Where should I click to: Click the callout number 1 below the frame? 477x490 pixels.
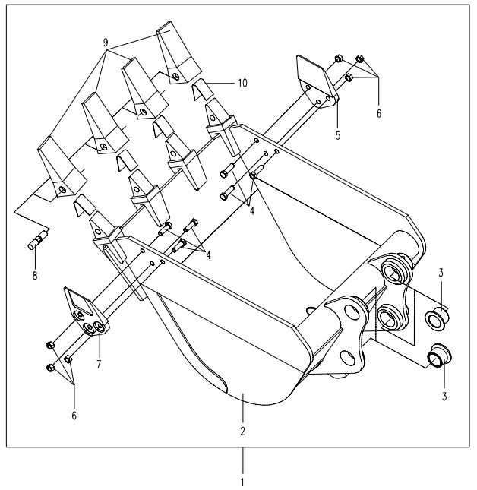click(x=243, y=481)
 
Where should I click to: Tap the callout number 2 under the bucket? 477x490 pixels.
click(x=242, y=431)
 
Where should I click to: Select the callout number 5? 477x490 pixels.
click(x=338, y=135)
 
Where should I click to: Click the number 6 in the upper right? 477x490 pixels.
click(x=378, y=114)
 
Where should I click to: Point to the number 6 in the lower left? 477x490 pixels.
click(x=74, y=416)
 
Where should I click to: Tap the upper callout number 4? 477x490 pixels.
click(x=252, y=210)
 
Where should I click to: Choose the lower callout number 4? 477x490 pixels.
click(x=207, y=254)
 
